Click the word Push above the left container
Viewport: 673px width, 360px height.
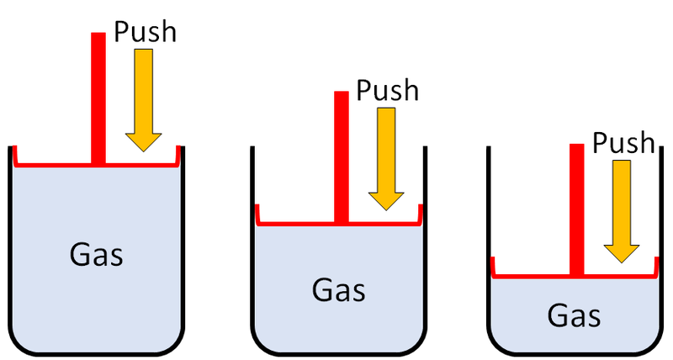(x=146, y=33)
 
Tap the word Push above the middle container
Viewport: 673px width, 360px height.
(x=388, y=89)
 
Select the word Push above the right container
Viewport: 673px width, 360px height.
(x=623, y=142)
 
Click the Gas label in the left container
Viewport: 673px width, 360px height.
(x=96, y=253)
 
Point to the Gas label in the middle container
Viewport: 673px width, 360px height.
(x=338, y=289)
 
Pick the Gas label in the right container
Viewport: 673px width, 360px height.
(x=574, y=316)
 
